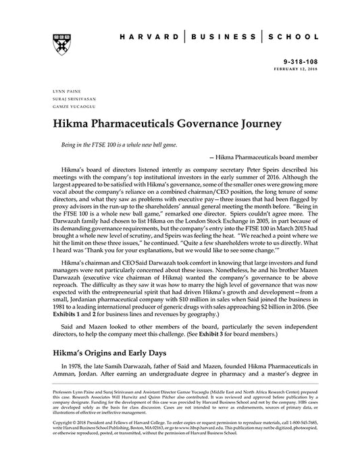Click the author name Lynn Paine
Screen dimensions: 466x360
pos(58,90)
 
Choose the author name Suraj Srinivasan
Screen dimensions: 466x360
pos(67,99)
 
